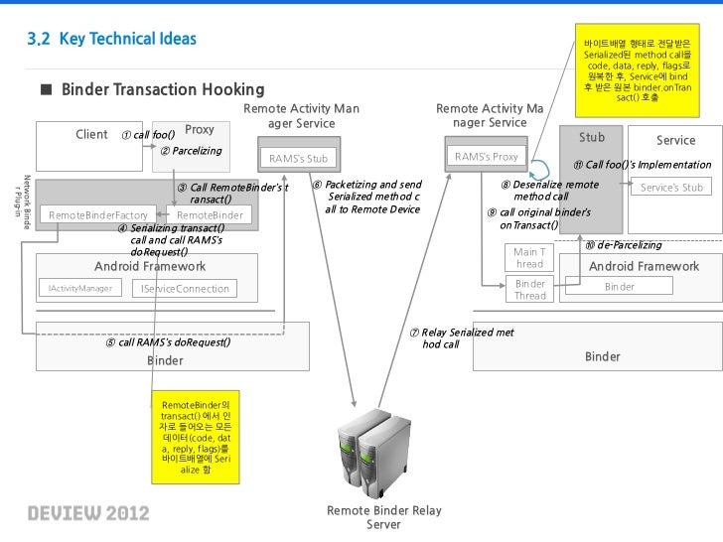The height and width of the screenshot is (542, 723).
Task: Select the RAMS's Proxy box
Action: (x=486, y=157)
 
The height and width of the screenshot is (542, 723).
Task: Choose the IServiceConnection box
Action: (x=185, y=289)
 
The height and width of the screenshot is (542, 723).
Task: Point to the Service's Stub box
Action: (x=671, y=187)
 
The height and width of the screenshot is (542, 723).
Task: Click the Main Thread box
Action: (x=529, y=258)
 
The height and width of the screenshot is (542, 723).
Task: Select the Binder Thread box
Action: (x=529, y=290)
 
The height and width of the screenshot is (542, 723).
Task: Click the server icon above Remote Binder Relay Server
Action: (x=372, y=451)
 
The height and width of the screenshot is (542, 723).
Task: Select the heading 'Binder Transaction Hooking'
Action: (x=163, y=90)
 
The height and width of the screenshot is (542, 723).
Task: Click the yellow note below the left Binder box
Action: (x=195, y=438)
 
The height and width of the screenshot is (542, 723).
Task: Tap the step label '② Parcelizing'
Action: (x=191, y=151)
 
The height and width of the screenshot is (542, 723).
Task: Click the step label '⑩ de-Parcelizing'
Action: (x=623, y=245)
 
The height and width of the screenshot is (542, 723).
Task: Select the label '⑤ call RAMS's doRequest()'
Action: (x=168, y=342)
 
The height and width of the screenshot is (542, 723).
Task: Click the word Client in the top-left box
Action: (x=91, y=134)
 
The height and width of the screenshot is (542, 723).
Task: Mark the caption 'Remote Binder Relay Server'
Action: (x=383, y=517)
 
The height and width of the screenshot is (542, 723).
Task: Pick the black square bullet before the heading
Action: (x=46, y=90)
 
